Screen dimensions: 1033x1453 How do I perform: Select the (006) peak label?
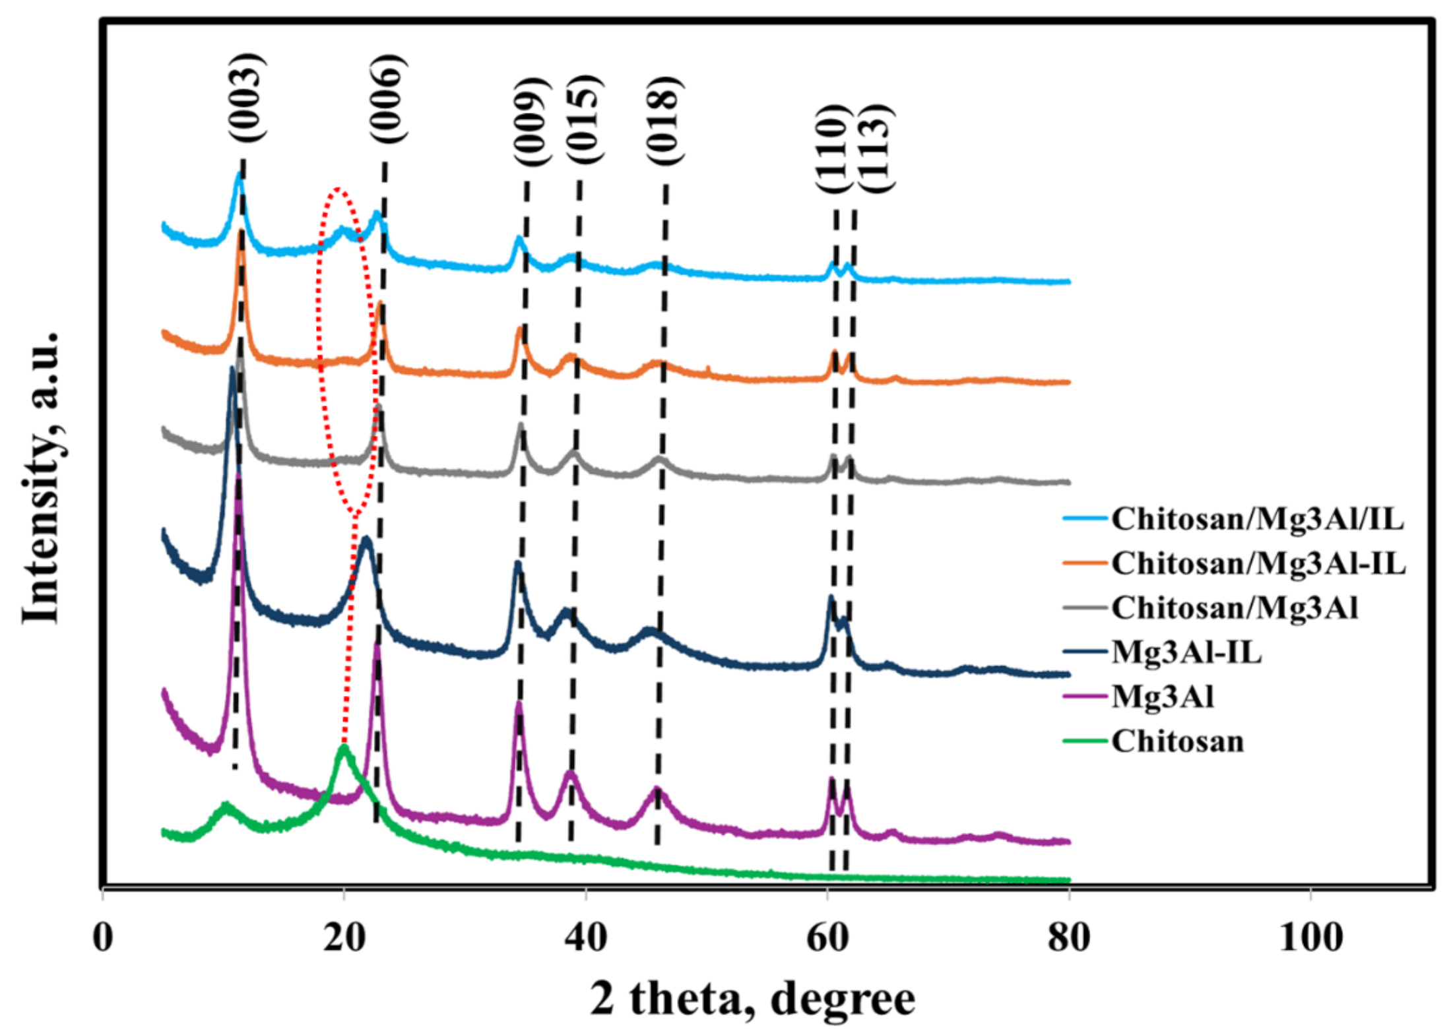pyautogui.click(x=387, y=99)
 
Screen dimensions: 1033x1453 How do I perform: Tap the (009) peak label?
pyautogui.click(x=531, y=122)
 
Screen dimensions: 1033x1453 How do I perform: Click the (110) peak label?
pyautogui.click(x=832, y=148)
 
